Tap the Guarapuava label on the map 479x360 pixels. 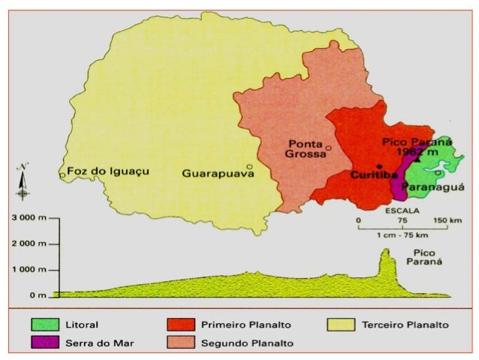point(213,174)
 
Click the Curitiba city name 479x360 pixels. point(374,174)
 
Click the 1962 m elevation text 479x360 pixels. point(420,153)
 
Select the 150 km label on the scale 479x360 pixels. point(447,220)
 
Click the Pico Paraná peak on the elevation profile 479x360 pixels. point(387,252)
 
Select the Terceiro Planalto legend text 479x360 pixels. point(405,325)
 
